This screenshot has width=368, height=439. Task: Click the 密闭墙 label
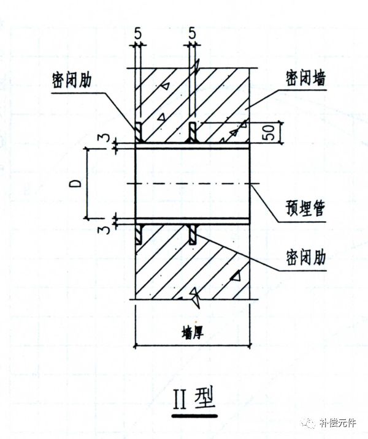pos(305,78)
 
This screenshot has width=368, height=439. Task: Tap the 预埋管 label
pos(305,209)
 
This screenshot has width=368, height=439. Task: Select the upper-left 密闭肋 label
pos(72,80)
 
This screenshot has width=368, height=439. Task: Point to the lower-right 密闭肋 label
pos(305,257)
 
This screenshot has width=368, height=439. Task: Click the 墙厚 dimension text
pos(193,333)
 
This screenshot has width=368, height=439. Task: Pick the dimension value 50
pos(269,132)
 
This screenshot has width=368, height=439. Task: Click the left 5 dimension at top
pos(138,34)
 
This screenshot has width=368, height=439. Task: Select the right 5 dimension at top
pos(192,34)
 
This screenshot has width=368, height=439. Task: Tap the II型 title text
pos(194,398)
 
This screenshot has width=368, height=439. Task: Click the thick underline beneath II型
pos(194,416)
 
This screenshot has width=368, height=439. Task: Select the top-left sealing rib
pos(139,132)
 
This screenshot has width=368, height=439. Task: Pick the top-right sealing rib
pos(193,132)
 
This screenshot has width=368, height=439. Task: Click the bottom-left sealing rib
pos(139,235)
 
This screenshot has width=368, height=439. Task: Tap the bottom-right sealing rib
pos(193,235)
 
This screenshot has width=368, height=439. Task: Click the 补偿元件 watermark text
pos(338,422)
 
